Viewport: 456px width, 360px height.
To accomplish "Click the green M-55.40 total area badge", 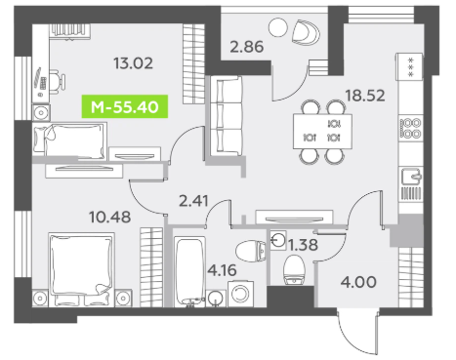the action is tap(125, 106).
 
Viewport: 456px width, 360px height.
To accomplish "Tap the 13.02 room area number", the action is tap(133, 63).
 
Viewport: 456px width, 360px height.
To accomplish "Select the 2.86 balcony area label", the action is tap(246, 47).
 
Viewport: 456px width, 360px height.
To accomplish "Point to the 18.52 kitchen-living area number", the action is tap(365, 96).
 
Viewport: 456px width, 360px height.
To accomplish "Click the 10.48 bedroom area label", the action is tap(110, 217).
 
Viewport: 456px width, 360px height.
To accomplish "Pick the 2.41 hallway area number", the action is tap(193, 201).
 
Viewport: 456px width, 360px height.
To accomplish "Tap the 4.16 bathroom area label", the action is tap(222, 270).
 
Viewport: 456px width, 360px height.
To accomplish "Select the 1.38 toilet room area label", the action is tap(303, 245).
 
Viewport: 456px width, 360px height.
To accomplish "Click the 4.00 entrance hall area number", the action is tap(358, 282).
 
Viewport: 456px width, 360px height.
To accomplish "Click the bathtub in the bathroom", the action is tap(189, 271).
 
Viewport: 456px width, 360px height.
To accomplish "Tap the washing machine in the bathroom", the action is tap(241, 294).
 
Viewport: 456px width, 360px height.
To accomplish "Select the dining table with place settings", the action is tap(322, 132).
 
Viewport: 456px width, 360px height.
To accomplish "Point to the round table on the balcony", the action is tap(278, 27).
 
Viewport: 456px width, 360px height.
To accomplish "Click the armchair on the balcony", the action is tap(306, 32).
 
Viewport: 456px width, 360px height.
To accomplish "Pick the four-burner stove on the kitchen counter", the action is tap(411, 128).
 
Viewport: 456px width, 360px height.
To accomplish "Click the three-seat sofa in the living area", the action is tap(227, 116).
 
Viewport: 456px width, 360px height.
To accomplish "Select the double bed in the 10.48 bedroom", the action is tap(81, 269).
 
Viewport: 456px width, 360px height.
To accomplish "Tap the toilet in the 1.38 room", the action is tap(294, 269).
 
